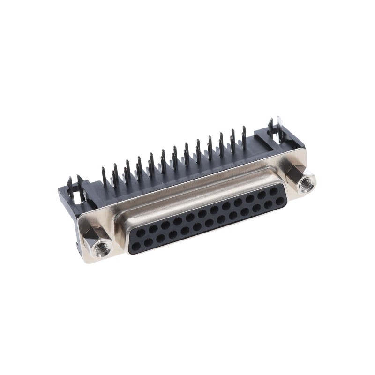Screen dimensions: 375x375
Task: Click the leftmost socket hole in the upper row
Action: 141,232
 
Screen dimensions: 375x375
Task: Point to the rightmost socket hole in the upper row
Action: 273,191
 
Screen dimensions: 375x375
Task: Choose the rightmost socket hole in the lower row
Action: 280,201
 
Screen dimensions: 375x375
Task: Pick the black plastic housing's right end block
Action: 286,141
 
